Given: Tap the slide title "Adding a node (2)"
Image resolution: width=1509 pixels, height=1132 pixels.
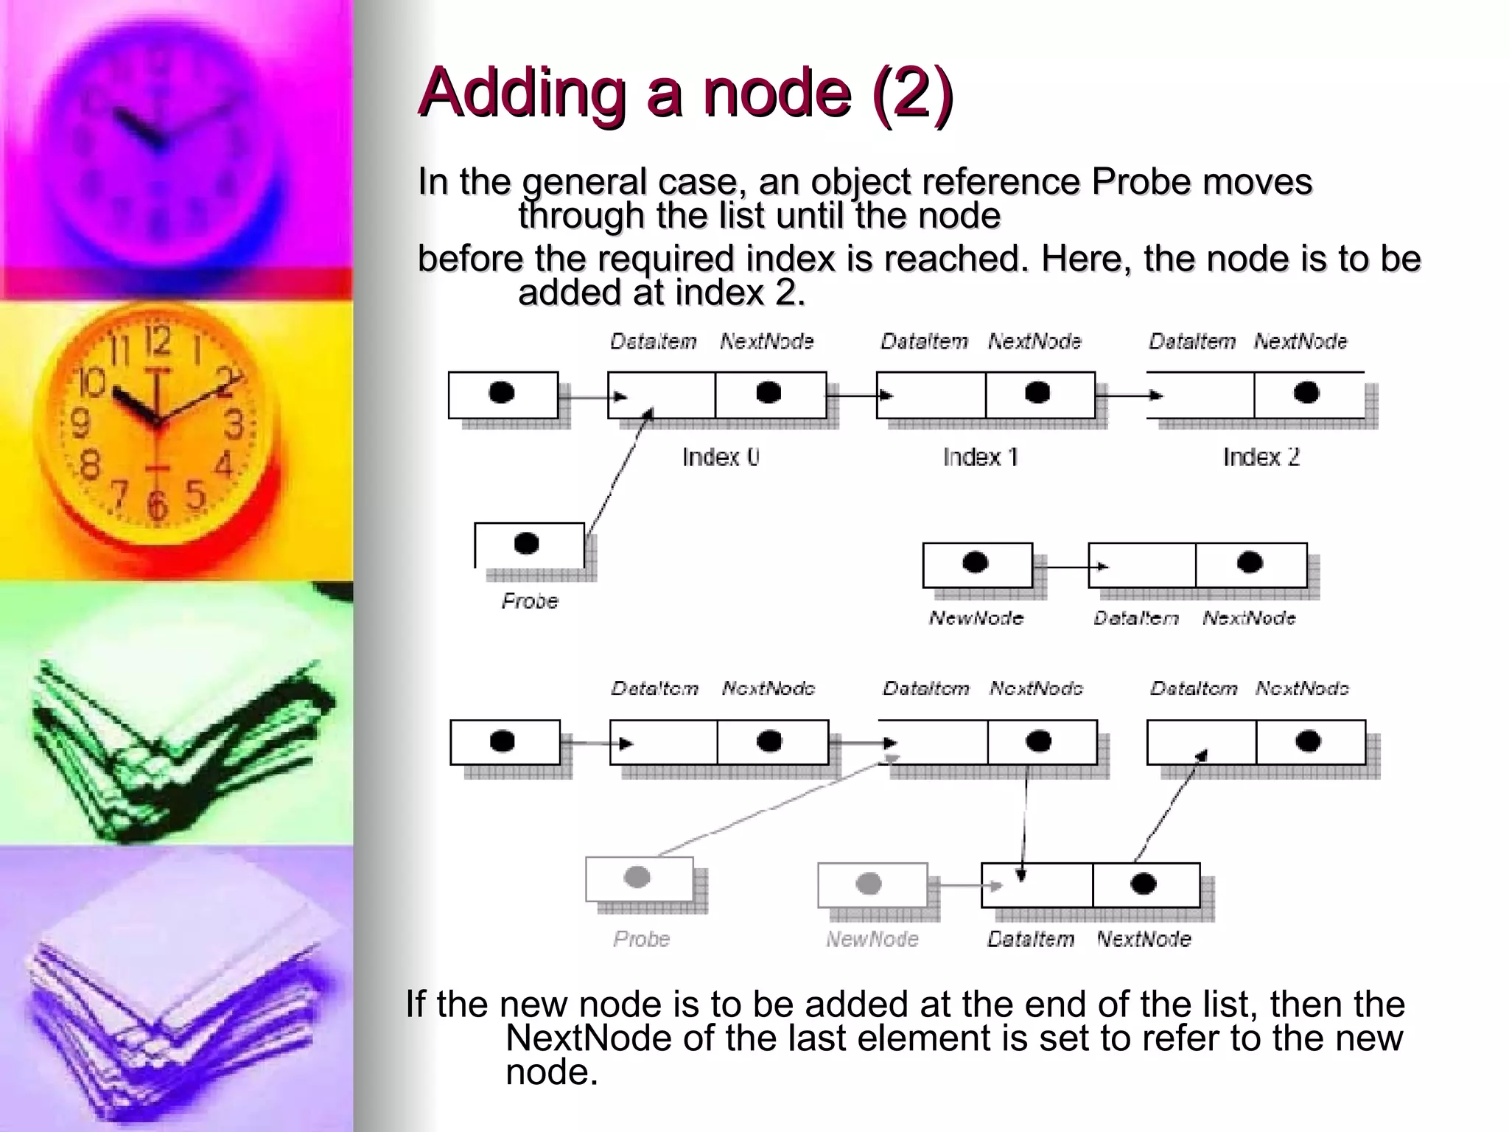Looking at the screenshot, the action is point(685,93).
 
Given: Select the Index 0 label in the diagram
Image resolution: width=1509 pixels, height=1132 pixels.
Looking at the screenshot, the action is point(720,458).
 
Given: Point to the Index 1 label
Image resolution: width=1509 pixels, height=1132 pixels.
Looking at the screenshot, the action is point(980,458).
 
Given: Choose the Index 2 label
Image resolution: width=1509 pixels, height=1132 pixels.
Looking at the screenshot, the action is point(1261,458).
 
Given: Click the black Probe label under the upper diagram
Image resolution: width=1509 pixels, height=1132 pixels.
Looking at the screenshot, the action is point(530,601).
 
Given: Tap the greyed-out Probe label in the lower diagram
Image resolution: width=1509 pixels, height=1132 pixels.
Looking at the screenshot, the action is point(641,939).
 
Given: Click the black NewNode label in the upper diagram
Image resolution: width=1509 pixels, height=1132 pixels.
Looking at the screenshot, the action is point(976,618).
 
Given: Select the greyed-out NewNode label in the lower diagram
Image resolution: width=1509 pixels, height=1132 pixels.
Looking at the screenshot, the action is point(872,939).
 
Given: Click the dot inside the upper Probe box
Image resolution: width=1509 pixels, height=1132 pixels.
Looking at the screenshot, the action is point(526,544).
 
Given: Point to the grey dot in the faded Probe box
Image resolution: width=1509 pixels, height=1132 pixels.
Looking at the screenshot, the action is point(637,877).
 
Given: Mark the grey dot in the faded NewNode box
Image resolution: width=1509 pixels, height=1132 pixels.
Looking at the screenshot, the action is point(869,883).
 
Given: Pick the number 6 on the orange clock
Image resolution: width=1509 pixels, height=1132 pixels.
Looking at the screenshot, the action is point(157,505).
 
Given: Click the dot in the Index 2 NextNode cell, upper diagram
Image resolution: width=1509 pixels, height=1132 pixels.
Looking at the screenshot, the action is point(1306,393).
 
